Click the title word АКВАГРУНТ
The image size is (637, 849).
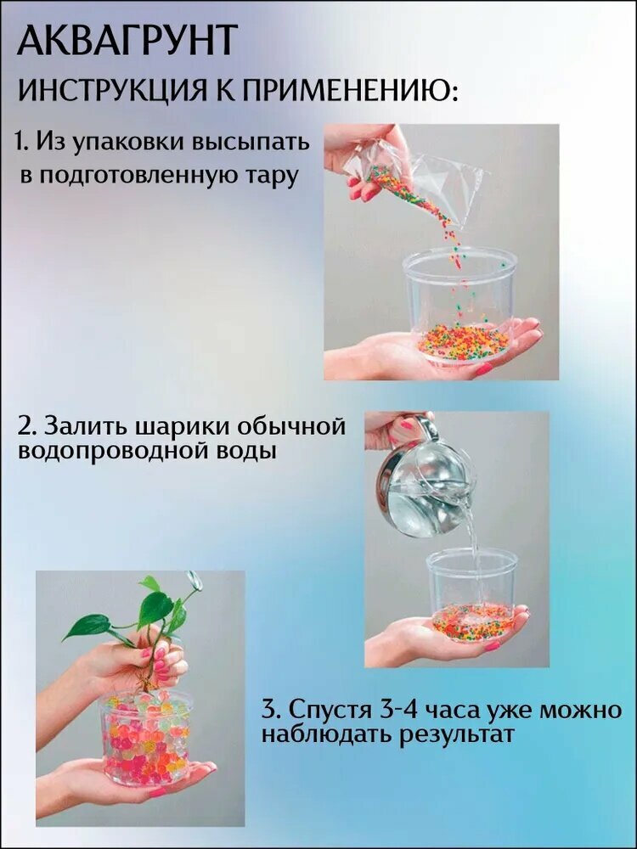(128, 40)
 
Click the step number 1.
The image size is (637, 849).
(20, 141)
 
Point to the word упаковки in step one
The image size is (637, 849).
(128, 143)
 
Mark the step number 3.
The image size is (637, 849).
(270, 709)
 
